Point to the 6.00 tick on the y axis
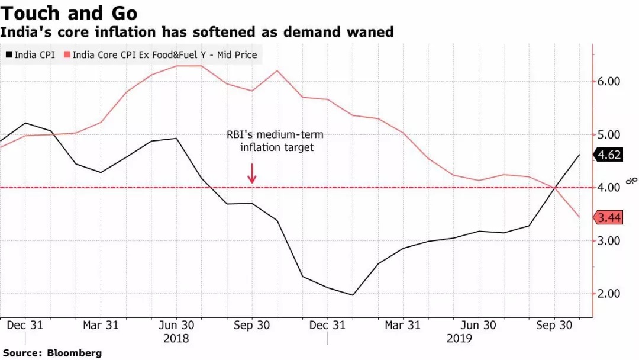[612, 81]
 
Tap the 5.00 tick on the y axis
[612, 134]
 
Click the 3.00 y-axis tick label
[612, 241]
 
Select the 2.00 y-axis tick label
[612, 294]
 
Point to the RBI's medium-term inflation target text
[276, 141]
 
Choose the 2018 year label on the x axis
[176, 339]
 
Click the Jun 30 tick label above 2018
[176, 325]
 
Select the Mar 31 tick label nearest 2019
[402, 325]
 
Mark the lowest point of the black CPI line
[353, 295]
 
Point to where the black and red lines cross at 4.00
[555, 188]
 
